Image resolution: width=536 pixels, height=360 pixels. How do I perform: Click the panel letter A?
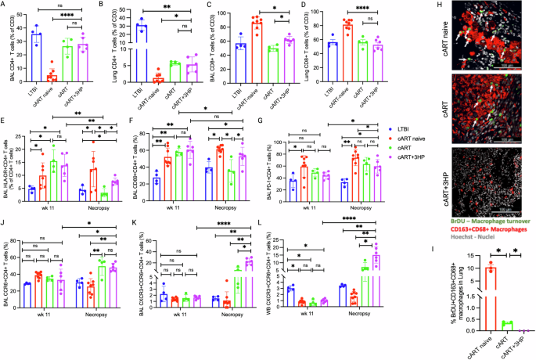click(x=5, y=6)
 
